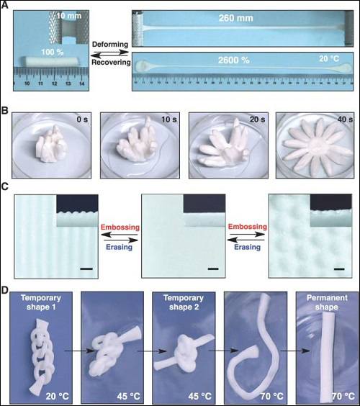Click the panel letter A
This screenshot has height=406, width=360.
click(x=5, y=5)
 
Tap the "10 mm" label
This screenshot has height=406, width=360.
click(x=69, y=16)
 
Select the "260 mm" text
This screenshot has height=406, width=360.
click(x=235, y=18)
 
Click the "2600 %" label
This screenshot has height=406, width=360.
click(x=233, y=60)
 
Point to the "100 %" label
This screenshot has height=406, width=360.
click(x=53, y=52)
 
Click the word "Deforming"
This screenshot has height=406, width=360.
click(x=110, y=45)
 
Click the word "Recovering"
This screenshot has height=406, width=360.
click(x=111, y=63)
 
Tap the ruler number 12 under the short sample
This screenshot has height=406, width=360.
click(x=54, y=84)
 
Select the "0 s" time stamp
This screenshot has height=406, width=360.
click(x=82, y=120)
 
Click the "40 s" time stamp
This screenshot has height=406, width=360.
click(x=345, y=119)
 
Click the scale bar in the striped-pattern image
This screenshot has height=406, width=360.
click(x=86, y=269)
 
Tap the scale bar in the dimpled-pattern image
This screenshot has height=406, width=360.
click(x=339, y=269)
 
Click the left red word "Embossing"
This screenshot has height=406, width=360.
click(x=120, y=227)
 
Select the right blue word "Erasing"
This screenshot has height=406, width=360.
click(x=248, y=247)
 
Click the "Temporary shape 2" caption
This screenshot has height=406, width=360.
click(x=184, y=302)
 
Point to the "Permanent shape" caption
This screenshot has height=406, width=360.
click(x=327, y=302)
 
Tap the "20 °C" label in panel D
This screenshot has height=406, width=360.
click(x=57, y=396)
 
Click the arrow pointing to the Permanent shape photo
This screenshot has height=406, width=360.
click(x=295, y=351)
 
